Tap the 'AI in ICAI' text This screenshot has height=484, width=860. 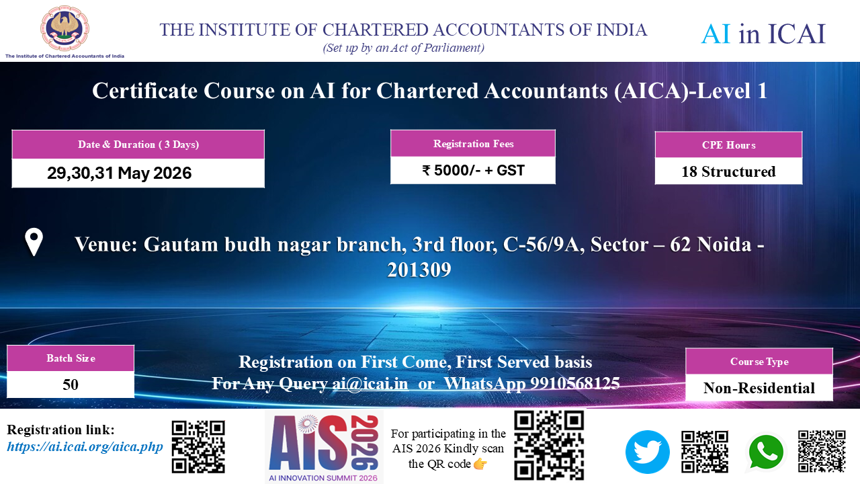click(x=763, y=34)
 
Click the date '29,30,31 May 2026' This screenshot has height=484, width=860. click(x=120, y=173)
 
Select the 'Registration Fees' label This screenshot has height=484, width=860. click(x=474, y=144)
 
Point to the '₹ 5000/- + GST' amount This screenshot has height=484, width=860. click(x=474, y=170)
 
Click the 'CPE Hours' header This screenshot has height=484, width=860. click(x=729, y=145)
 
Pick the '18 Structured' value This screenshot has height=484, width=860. click(x=729, y=171)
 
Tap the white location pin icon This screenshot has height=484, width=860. click(x=34, y=242)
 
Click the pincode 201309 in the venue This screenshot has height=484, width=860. click(x=419, y=270)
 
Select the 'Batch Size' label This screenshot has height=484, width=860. click(x=71, y=358)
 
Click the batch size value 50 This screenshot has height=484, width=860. click(x=71, y=385)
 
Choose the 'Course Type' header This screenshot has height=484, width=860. click(x=759, y=362)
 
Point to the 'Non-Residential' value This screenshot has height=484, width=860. click(x=759, y=388)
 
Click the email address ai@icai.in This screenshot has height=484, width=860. click(x=370, y=383)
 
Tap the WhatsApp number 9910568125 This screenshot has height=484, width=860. click(x=575, y=383)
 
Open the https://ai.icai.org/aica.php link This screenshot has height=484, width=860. click(x=85, y=447)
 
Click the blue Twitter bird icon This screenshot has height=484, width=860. click(x=648, y=452)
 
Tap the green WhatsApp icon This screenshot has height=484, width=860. click(x=766, y=452)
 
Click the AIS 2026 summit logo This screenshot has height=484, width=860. click(x=324, y=447)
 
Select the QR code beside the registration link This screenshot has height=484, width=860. click(x=198, y=447)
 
